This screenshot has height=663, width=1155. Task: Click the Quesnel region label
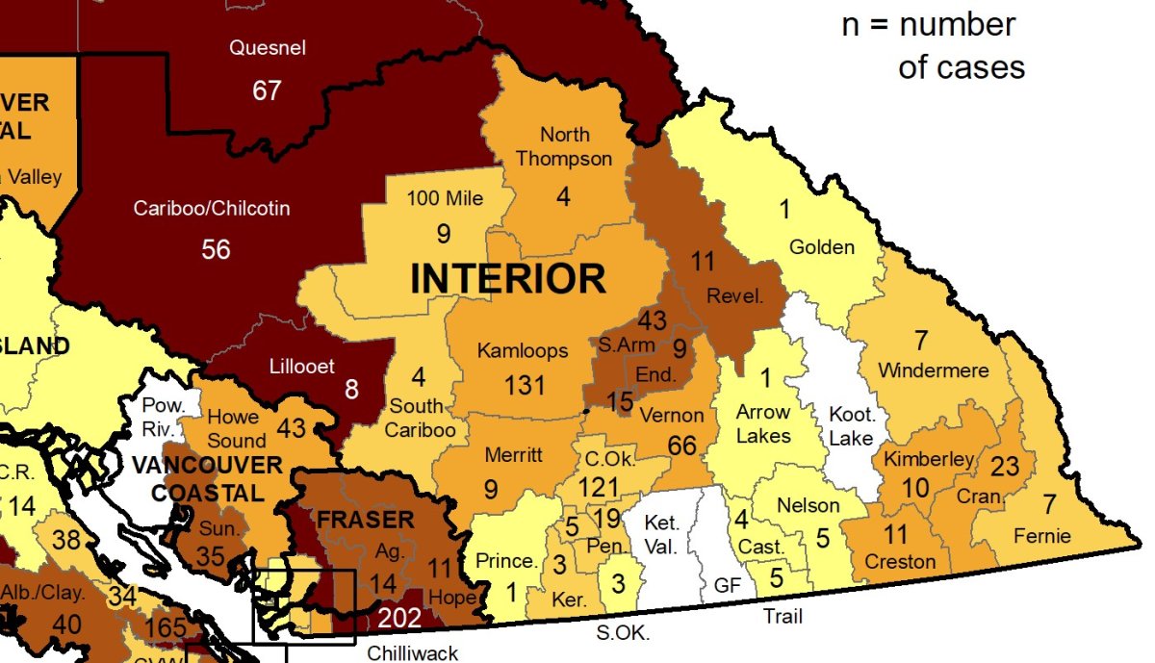[267, 48]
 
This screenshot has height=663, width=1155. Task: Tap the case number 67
[267, 90]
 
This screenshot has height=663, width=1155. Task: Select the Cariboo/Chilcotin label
[212, 208]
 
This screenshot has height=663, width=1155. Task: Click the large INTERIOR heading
[508, 279]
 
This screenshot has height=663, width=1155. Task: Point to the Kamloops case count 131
[525, 385]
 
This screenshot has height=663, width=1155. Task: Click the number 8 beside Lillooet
[351, 390]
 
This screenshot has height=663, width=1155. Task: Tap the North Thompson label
[564, 146]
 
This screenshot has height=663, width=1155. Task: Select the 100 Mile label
[445, 199]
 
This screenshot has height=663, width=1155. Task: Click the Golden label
[821, 247]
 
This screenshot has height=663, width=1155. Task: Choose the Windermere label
[933, 370]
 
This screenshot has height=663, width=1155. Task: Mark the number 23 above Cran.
[1004, 467]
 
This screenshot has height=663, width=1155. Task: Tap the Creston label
[900, 561]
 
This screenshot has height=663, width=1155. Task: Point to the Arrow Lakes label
[763, 423]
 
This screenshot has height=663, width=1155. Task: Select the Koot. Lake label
[851, 426]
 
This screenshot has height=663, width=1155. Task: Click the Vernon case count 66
[681, 446]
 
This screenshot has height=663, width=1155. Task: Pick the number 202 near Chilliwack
[398, 618]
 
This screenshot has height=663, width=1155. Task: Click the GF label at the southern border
[728, 584]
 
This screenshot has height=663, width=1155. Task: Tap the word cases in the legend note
[962, 67]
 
